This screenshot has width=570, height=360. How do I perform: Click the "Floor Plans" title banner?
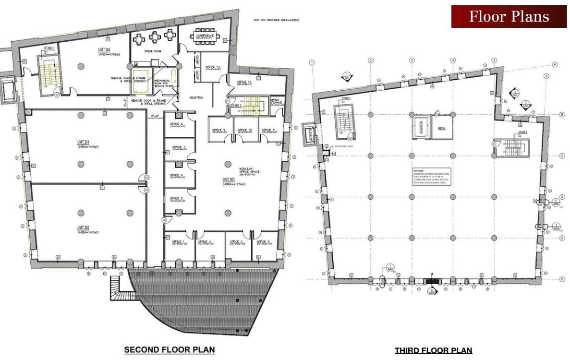509,16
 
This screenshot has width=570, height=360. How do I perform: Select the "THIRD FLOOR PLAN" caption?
433,350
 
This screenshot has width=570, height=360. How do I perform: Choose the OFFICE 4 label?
263,241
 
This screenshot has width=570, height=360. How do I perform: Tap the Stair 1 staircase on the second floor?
47,74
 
